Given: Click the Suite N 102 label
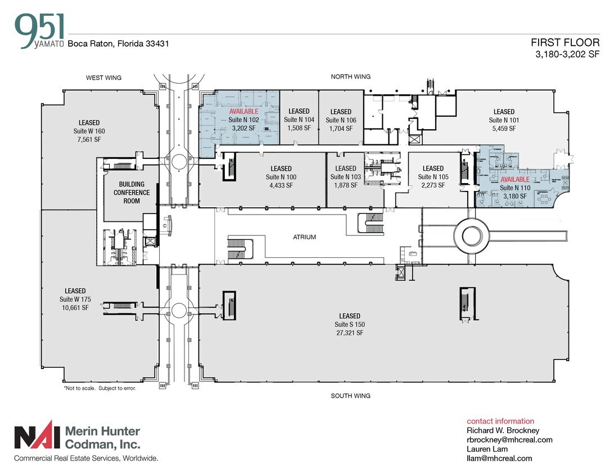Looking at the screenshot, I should (243, 120).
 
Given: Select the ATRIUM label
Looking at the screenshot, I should (304, 237).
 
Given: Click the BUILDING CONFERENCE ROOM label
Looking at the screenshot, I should (132, 193).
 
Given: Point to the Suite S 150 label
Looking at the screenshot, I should (350, 325).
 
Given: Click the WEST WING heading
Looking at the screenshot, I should (103, 78).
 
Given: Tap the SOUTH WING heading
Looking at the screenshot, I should (350, 396).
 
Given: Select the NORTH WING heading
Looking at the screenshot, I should (350, 76).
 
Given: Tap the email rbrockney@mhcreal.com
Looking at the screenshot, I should (509, 440).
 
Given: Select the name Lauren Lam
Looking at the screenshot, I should (487, 449).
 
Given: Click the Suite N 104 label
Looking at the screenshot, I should (299, 120).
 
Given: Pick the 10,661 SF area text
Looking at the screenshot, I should (75, 307).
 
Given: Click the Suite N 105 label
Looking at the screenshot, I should (433, 177).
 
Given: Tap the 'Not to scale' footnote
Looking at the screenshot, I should (100, 388).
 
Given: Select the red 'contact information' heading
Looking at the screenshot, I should (500, 421).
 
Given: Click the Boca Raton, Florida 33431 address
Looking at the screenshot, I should (118, 43).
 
